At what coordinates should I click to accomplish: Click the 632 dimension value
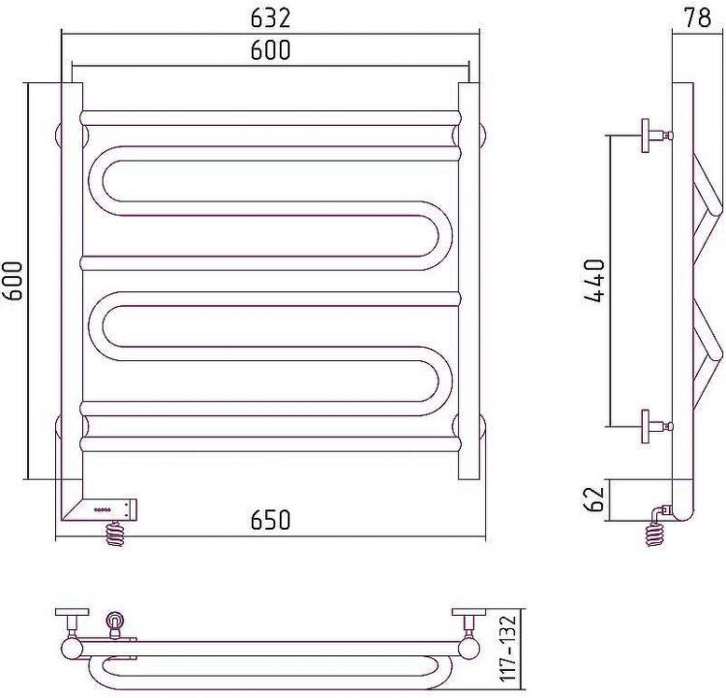tap(271, 18)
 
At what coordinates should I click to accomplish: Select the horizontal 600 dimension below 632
tap(271, 51)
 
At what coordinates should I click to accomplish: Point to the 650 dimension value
tap(271, 520)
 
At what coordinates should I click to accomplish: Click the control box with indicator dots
tap(111, 507)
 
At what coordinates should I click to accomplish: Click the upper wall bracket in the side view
tap(653, 136)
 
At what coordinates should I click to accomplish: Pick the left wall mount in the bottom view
tap(73, 620)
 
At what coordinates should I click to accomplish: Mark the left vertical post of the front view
tap(72, 290)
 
